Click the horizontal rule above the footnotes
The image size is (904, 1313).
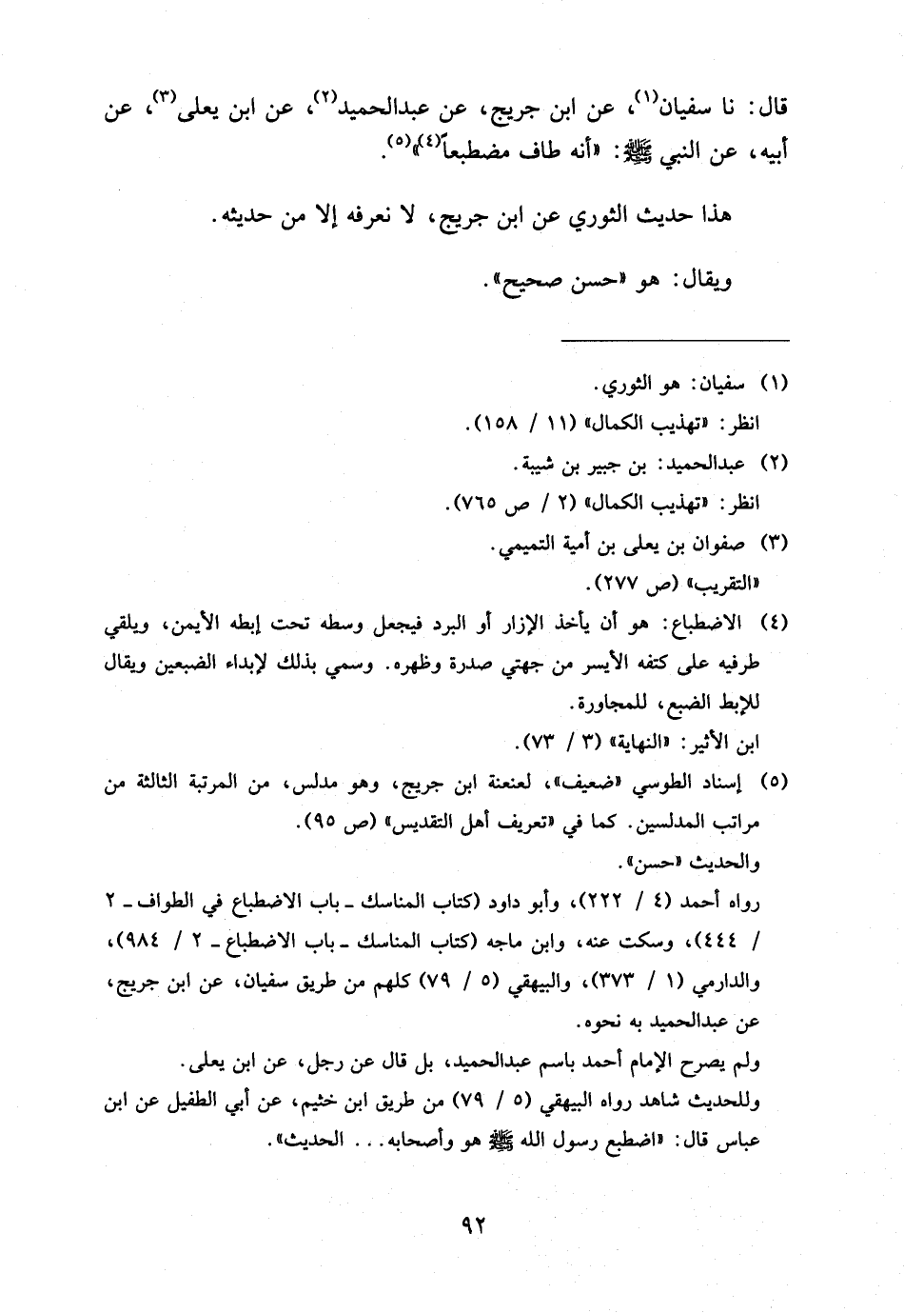[675, 340]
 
